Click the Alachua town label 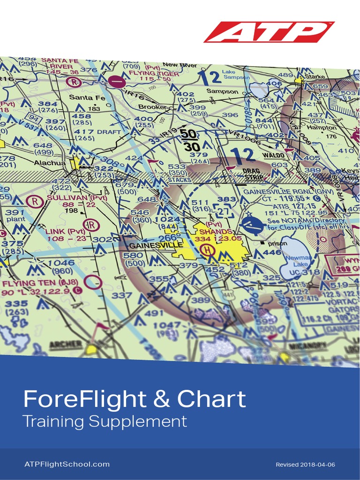coord(51,163)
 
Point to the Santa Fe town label coord(87,97)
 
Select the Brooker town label coord(153,107)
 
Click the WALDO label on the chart coord(273,155)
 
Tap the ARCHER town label coord(66,345)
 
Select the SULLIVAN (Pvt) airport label coord(77,198)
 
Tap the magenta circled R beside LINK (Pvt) coord(91,225)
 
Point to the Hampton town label coord(322,127)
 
